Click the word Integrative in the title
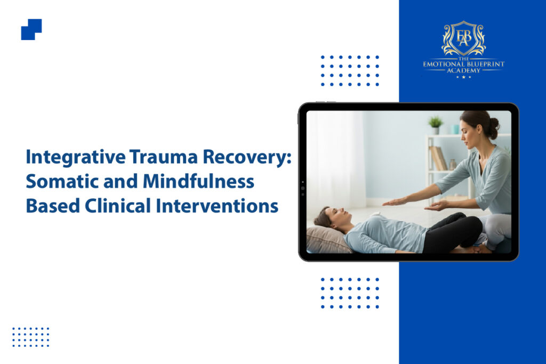[76, 157]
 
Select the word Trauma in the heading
[164, 157]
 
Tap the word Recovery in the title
[245, 157]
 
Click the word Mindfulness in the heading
[198, 181]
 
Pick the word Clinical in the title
[118, 206]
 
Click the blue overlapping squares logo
[31, 29]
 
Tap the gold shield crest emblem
[463, 38]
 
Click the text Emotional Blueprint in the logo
[463, 64]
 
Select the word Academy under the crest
[463, 70]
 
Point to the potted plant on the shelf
[435, 125]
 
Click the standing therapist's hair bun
[494, 124]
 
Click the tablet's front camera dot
[303, 188]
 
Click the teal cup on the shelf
[455, 130]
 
